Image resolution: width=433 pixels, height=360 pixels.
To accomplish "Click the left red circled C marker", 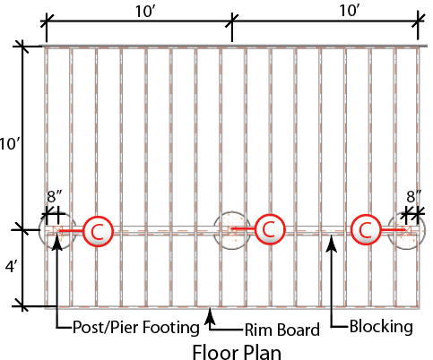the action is (x=98, y=231).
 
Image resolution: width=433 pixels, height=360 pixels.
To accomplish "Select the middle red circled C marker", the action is (x=270, y=229).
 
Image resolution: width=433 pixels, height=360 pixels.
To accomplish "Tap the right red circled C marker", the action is (x=365, y=229).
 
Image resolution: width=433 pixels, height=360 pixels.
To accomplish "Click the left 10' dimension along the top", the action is (x=144, y=12).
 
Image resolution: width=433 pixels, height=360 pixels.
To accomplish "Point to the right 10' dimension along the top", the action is (x=349, y=11).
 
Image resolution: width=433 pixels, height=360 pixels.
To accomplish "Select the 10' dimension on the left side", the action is (x=10, y=144).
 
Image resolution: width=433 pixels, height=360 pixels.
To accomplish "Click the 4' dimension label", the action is (x=12, y=267).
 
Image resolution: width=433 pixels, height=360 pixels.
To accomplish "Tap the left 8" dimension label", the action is (x=55, y=196).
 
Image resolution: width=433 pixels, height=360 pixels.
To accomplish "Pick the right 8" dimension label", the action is (x=413, y=196).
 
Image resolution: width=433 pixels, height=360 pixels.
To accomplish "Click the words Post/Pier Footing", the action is (x=136, y=328).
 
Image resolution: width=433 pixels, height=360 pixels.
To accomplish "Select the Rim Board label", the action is (x=282, y=330).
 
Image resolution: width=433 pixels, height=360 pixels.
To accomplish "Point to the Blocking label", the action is (x=381, y=326).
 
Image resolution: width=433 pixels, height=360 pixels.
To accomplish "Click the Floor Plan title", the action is (x=237, y=352).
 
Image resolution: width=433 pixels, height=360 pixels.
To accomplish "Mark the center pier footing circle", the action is (x=232, y=230).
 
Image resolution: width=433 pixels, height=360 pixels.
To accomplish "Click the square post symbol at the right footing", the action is (x=406, y=230).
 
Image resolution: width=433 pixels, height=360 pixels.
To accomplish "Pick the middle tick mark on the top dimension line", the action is (x=232, y=21).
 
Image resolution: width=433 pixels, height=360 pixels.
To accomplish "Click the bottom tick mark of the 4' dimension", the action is (x=22, y=306).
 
